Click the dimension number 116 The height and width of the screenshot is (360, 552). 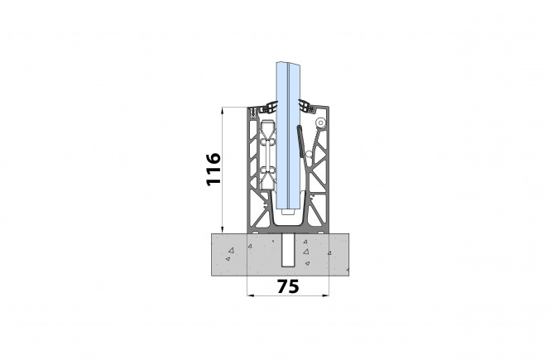pos(214,169)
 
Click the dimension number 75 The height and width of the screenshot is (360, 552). pos(288,287)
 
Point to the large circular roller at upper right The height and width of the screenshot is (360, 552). pos(321,122)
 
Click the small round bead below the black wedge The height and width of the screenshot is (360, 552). pos(309,154)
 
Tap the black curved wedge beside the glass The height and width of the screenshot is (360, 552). pos(300,142)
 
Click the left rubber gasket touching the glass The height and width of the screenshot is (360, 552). pos(271,107)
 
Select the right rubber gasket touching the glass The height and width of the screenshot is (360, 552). pos(306,106)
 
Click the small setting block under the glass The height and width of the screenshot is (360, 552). pos(288,212)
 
